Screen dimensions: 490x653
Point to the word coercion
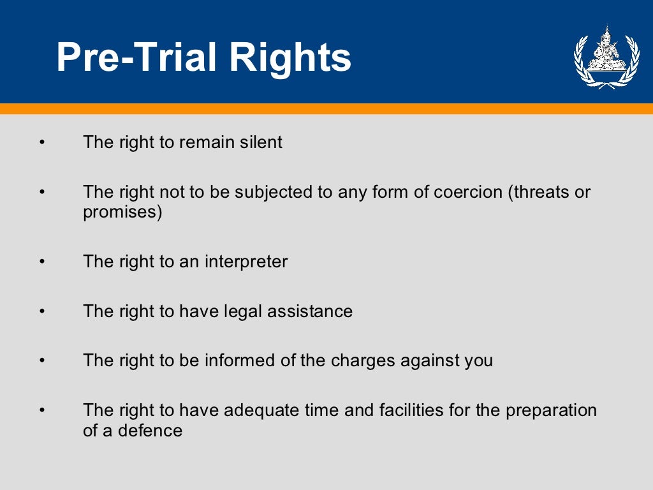coord(466,192)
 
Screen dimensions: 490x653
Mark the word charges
coord(363,361)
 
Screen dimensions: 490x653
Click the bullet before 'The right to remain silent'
coord(42,142)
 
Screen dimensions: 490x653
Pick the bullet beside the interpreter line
coord(42,262)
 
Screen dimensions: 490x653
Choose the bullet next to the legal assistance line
coord(42,312)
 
